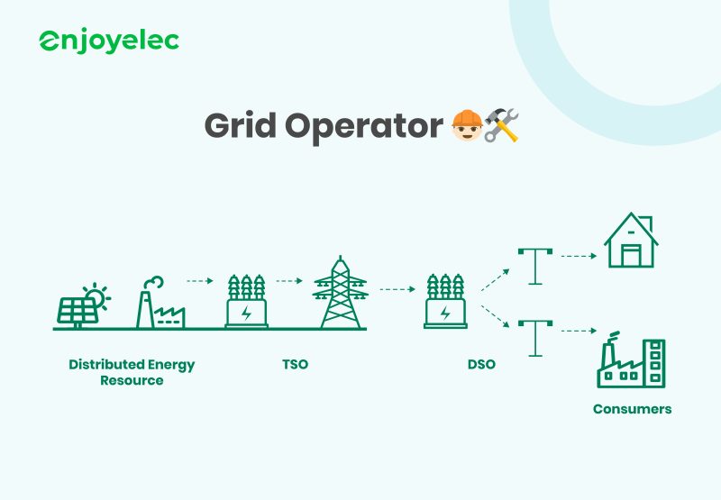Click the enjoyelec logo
point(108,41)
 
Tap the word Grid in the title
point(240,125)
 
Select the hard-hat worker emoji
point(466,125)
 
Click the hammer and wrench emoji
point(502,125)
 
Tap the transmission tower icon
point(340,293)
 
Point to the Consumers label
point(632,409)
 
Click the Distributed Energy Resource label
point(132,372)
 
